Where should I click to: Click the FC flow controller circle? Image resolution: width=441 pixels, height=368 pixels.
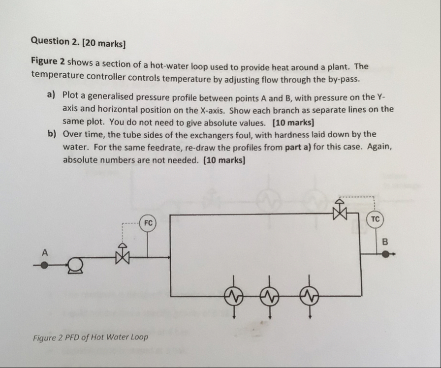point(148,223)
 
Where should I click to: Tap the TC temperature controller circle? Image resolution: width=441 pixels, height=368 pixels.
point(376,219)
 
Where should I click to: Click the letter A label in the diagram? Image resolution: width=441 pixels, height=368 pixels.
point(44,252)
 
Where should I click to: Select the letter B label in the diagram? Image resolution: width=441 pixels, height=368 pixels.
point(385,242)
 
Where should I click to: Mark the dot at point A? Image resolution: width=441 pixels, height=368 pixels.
point(44,265)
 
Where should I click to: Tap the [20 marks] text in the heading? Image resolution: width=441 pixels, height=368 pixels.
point(104,43)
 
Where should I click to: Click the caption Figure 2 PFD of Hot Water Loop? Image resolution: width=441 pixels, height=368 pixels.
point(90,337)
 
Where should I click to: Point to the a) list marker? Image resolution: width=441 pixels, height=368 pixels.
point(51,94)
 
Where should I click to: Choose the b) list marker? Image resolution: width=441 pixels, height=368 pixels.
point(51,134)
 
